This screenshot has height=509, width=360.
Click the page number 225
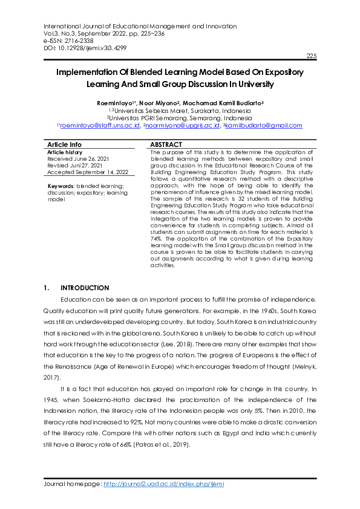pyautogui.click(x=312, y=56)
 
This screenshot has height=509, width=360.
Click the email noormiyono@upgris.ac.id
pyautogui.click(x=181, y=126)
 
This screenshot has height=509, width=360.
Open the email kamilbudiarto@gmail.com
pyautogui.click(x=264, y=126)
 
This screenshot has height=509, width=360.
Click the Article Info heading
pyautogui.click(x=64, y=145)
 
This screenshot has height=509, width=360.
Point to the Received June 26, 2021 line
pyautogui.click(x=77, y=158)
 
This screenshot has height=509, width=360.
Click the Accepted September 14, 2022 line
pyautogui.click(x=87, y=171)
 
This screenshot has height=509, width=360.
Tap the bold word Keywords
pyautogui.click(x=61, y=186)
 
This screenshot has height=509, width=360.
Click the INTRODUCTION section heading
pyautogui.click(x=85, y=288)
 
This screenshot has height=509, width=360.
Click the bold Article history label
pyautogui.click(x=65, y=152)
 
